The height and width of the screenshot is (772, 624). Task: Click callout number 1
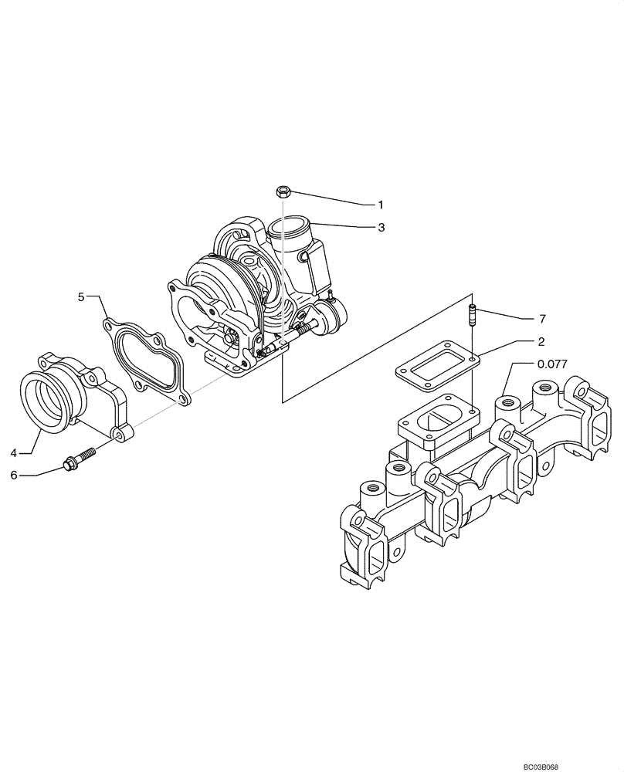pos(380,205)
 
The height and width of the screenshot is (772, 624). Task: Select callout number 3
pos(380,228)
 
